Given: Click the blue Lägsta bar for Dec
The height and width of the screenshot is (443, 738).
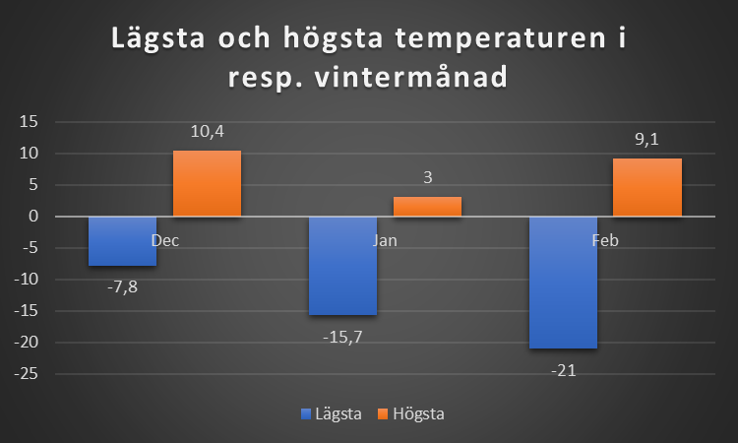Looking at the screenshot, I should [122, 241].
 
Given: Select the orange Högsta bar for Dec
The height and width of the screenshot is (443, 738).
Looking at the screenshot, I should [207, 183].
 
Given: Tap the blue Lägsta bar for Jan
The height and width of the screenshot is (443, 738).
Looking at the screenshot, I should [342, 266].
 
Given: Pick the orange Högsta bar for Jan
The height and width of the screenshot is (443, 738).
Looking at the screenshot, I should [427, 207].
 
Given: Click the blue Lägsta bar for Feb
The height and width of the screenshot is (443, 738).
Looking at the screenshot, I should [563, 283].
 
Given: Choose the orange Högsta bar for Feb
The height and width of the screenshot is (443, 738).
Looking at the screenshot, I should [646, 187].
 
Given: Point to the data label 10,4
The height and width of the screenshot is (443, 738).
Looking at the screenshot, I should [207, 132].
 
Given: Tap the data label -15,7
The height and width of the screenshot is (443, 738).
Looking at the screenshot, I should [343, 335].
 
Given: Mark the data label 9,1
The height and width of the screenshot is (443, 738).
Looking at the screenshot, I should [646, 140].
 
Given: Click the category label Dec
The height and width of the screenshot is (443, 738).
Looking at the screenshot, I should [165, 240].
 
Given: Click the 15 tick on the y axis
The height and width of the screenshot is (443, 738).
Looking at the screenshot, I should [28, 122].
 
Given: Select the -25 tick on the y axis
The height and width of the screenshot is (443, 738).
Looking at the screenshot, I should [24, 374].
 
